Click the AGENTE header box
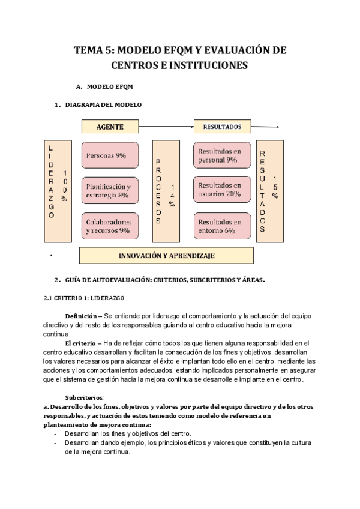(x=110, y=127)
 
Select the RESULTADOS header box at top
(x=222, y=127)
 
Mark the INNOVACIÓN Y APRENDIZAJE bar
(x=167, y=255)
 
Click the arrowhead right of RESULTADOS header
(x=277, y=127)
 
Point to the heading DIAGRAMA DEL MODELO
(x=103, y=104)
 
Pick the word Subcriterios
(x=84, y=397)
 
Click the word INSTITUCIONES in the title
(x=208, y=65)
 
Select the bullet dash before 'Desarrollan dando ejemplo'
(x=56, y=442)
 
